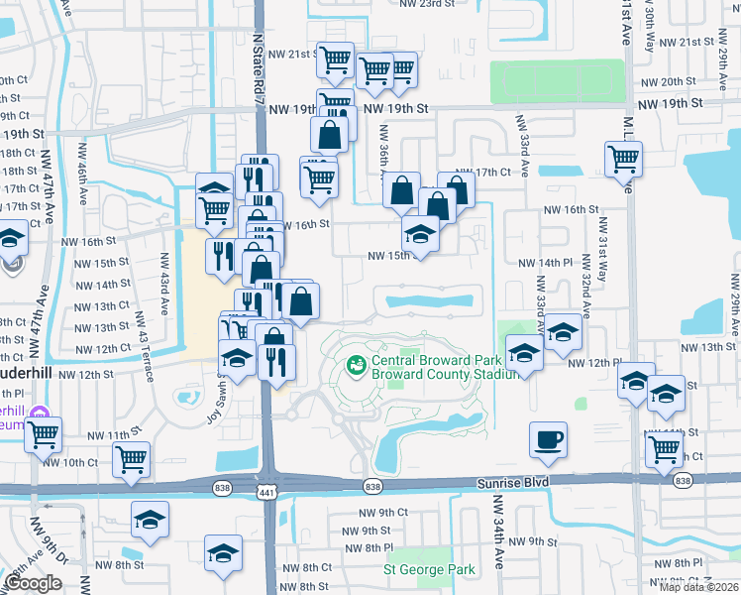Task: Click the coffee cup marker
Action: (548, 439)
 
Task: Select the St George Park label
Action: (429, 569)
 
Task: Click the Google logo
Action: (33, 583)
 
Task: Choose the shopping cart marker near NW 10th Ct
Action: (130, 459)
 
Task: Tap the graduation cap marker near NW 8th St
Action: (223, 552)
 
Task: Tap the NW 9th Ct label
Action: (383, 513)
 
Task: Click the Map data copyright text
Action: (699, 587)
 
